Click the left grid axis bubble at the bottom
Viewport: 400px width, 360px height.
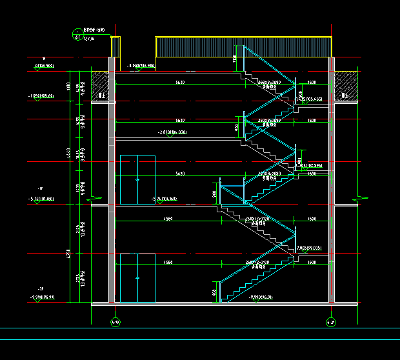point(115,321)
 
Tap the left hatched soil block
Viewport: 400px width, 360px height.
point(99,86)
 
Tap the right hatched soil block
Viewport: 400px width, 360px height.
point(346,85)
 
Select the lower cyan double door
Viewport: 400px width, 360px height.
point(137,278)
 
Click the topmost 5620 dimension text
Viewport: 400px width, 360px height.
point(180,83)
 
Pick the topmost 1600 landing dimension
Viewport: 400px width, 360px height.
point(312,83)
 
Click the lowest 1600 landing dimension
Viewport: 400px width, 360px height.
point(312,263)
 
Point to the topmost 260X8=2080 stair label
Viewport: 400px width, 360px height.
point(268,83)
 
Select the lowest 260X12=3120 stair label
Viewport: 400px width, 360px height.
point(257,263)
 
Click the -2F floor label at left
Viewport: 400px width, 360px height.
point(41,288)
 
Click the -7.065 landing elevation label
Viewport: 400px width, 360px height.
point(309,248)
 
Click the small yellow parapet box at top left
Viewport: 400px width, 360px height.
point(115,46)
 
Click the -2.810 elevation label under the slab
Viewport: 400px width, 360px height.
point(172,132)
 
